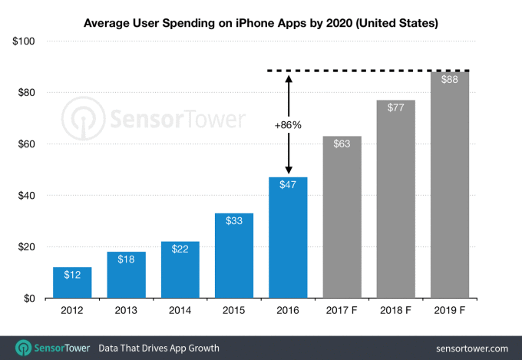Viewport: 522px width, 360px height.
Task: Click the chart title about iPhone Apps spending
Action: [261, 23]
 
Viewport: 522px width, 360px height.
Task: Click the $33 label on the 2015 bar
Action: [234, 221]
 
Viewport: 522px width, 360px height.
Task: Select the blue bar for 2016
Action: [288, 238]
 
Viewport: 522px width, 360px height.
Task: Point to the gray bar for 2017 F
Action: [342, 219]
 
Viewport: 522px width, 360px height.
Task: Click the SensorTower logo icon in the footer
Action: [21, 348]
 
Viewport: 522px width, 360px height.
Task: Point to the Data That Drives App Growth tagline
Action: [159, 348]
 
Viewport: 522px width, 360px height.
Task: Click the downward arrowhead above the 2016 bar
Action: [289, 170]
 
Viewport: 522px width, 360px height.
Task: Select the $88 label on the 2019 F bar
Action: [450, 79]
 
